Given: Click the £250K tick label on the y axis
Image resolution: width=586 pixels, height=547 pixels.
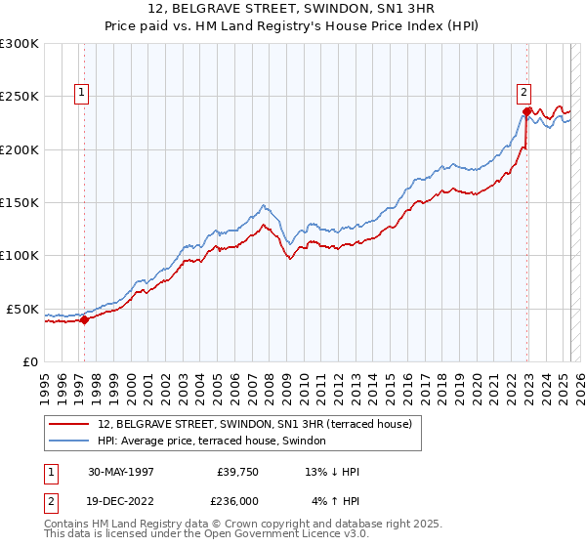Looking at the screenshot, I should point(20,97).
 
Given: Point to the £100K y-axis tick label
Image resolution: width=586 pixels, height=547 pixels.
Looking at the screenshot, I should point(20,255).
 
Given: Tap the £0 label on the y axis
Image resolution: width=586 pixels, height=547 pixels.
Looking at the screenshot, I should point(29,361).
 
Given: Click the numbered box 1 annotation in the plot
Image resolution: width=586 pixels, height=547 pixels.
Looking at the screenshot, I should point(82,93).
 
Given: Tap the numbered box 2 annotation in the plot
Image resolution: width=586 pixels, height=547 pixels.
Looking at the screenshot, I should point(523,93).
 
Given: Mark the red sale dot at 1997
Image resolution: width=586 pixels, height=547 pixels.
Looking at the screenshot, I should point(85,318).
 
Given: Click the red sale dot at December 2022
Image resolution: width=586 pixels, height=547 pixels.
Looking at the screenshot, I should point(526,111).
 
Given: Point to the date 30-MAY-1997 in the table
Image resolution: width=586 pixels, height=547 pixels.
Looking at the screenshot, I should point(121,472).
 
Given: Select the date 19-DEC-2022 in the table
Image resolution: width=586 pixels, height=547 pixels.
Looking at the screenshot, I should point(121,500).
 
